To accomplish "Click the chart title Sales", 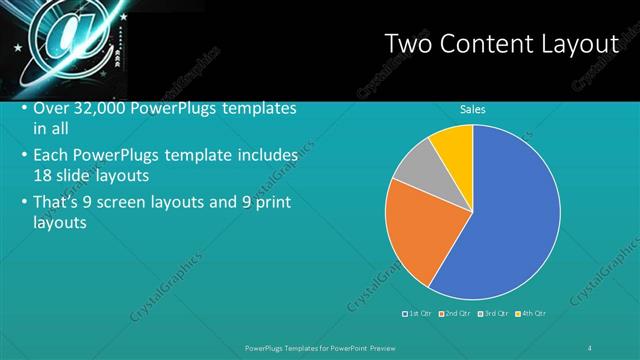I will coord(472,110).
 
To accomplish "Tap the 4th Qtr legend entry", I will coord(532,314).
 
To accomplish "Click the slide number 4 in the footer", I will coord(590,347).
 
